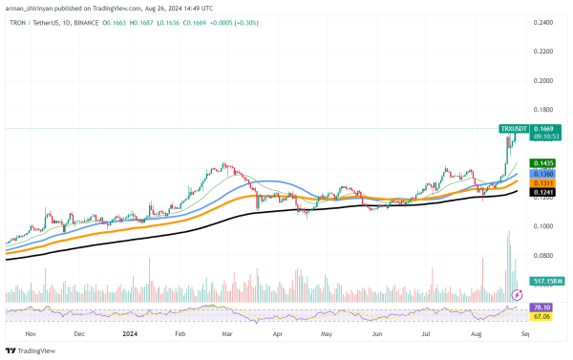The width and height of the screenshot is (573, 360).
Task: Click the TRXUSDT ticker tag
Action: pyautogui.click(x=515, y=128)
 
